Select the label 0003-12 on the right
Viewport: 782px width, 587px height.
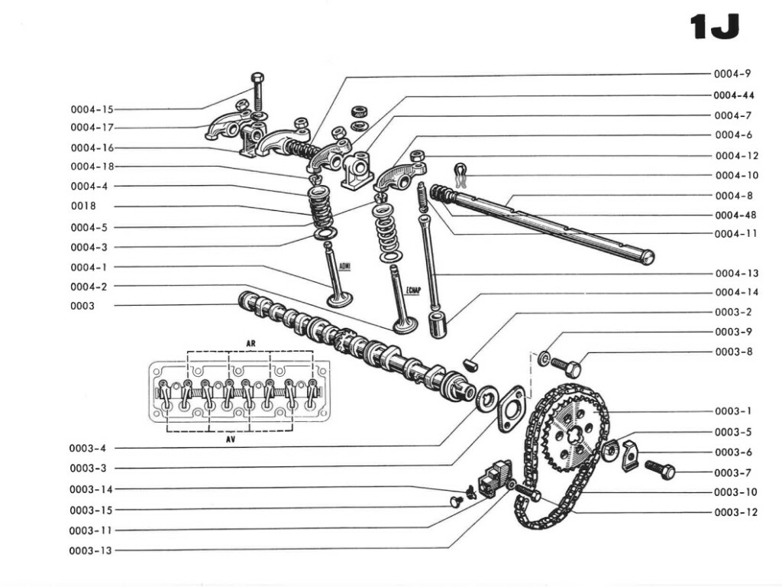point(736,512)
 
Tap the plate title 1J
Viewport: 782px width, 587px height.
point(714,28)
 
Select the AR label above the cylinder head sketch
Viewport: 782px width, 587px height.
point(250,342)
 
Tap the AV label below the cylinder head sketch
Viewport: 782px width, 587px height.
point(230,441)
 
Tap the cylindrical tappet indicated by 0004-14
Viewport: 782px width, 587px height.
point(438,324)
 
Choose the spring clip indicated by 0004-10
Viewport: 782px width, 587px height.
point(459,175)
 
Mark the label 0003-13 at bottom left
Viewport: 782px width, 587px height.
point(92,550)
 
